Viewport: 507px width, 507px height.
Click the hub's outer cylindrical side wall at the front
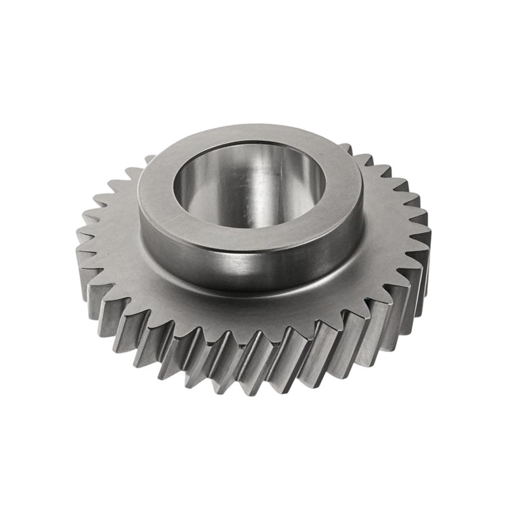[253, 266]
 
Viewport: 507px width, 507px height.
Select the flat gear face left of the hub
[117, 241]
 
